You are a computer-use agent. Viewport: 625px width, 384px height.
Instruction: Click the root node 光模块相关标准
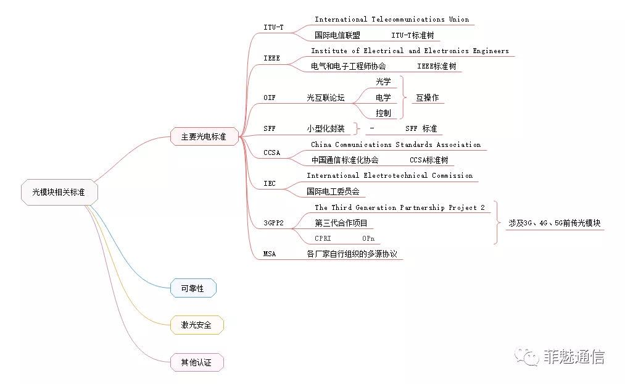tap(59, 193)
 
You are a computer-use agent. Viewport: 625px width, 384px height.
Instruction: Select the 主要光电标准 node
tap(203, 137)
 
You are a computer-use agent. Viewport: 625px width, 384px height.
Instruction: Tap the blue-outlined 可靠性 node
tap(193, 288)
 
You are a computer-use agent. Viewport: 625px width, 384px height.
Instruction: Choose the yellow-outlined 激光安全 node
tap(196, 325)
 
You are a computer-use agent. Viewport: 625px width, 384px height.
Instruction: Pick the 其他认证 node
tap(196, 362)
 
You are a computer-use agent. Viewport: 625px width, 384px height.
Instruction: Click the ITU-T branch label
tap(273, 27)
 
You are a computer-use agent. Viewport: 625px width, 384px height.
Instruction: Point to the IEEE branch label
tap(271, 58)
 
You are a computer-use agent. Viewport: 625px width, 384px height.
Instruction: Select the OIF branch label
tap(270, 98)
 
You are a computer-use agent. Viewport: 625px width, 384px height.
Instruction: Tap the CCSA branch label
tap(271, 152)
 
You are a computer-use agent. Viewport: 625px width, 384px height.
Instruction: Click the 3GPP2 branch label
tap(274, 222)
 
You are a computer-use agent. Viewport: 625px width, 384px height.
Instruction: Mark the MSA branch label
tap(270, 253)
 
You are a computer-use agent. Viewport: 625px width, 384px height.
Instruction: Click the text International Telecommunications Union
tap(392, 20)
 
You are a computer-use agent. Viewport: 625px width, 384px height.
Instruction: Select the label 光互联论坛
tap(326, 98)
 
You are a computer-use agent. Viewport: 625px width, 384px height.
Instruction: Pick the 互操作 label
tap(427, 98)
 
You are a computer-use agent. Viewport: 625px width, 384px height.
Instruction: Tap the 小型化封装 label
tap(326, 129)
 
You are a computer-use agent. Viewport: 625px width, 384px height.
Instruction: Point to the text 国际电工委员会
tap(333, 191)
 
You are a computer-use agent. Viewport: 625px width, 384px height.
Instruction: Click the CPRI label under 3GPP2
tap(323, 238)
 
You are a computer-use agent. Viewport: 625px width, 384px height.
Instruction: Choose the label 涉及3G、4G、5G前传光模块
tap(554, 223)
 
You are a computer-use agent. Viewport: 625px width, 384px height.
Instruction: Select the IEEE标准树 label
tap(436, 66)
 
